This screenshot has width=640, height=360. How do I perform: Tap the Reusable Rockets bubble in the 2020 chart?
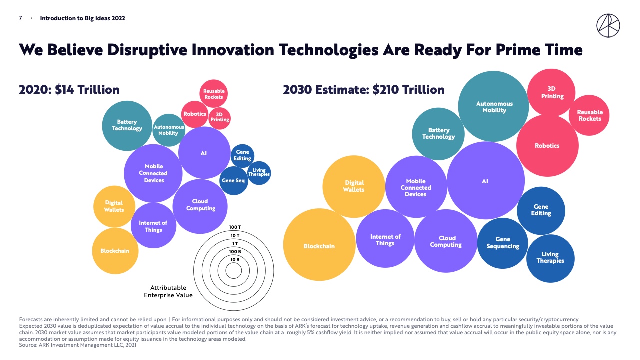tap(214, 94)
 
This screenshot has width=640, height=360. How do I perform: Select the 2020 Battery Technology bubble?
tap(127, 125)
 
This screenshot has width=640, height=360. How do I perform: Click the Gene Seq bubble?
tap(233, 180)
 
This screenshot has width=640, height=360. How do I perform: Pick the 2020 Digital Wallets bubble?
tap(114, 206)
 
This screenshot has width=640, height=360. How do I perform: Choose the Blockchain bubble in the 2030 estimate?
tap(319, 246)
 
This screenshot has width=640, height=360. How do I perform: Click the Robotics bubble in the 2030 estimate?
tap(547, 146)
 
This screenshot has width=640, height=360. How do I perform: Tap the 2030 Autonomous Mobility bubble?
tap(494, 107)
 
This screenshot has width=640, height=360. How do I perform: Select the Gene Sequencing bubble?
tap(503, 243)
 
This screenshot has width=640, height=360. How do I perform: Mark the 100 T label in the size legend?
tap(235, 227)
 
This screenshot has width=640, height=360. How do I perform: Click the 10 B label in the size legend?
tap(235, 259)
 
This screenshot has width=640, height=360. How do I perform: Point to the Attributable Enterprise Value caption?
tap(168, 291)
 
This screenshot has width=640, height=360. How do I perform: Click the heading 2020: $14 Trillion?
tap(69, 90)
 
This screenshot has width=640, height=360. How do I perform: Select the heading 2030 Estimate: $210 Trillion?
tap(363, 90)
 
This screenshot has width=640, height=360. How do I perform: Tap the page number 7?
tap(20, 18)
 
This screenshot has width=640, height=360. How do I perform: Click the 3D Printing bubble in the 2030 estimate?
tap(552, 93)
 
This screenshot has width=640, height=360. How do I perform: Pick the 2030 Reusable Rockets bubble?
tap(590, 115)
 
